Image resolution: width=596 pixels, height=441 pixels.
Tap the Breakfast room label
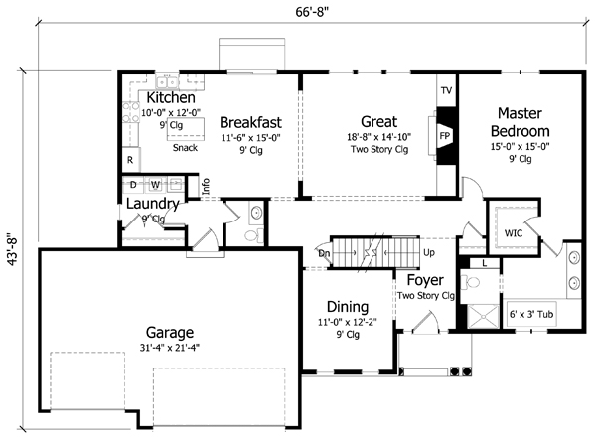251,122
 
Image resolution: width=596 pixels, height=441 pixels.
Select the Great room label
378,122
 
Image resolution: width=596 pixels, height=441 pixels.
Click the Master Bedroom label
523,122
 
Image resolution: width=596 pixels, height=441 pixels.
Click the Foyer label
425,280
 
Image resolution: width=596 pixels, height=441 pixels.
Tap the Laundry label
152,205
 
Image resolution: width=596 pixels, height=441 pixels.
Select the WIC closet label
514,233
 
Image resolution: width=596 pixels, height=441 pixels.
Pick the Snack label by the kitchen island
184,148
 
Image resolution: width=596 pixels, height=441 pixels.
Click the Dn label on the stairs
324,253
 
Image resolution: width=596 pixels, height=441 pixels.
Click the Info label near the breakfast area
206,184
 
